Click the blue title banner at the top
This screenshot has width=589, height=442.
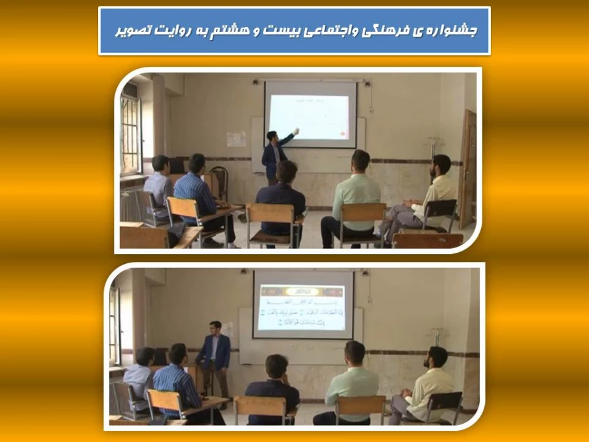tap(294, 31)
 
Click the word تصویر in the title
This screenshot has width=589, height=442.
tap(135, 31)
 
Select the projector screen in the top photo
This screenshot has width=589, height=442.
tap(310, 113)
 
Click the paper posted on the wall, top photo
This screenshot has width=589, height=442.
tap(236, 139)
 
